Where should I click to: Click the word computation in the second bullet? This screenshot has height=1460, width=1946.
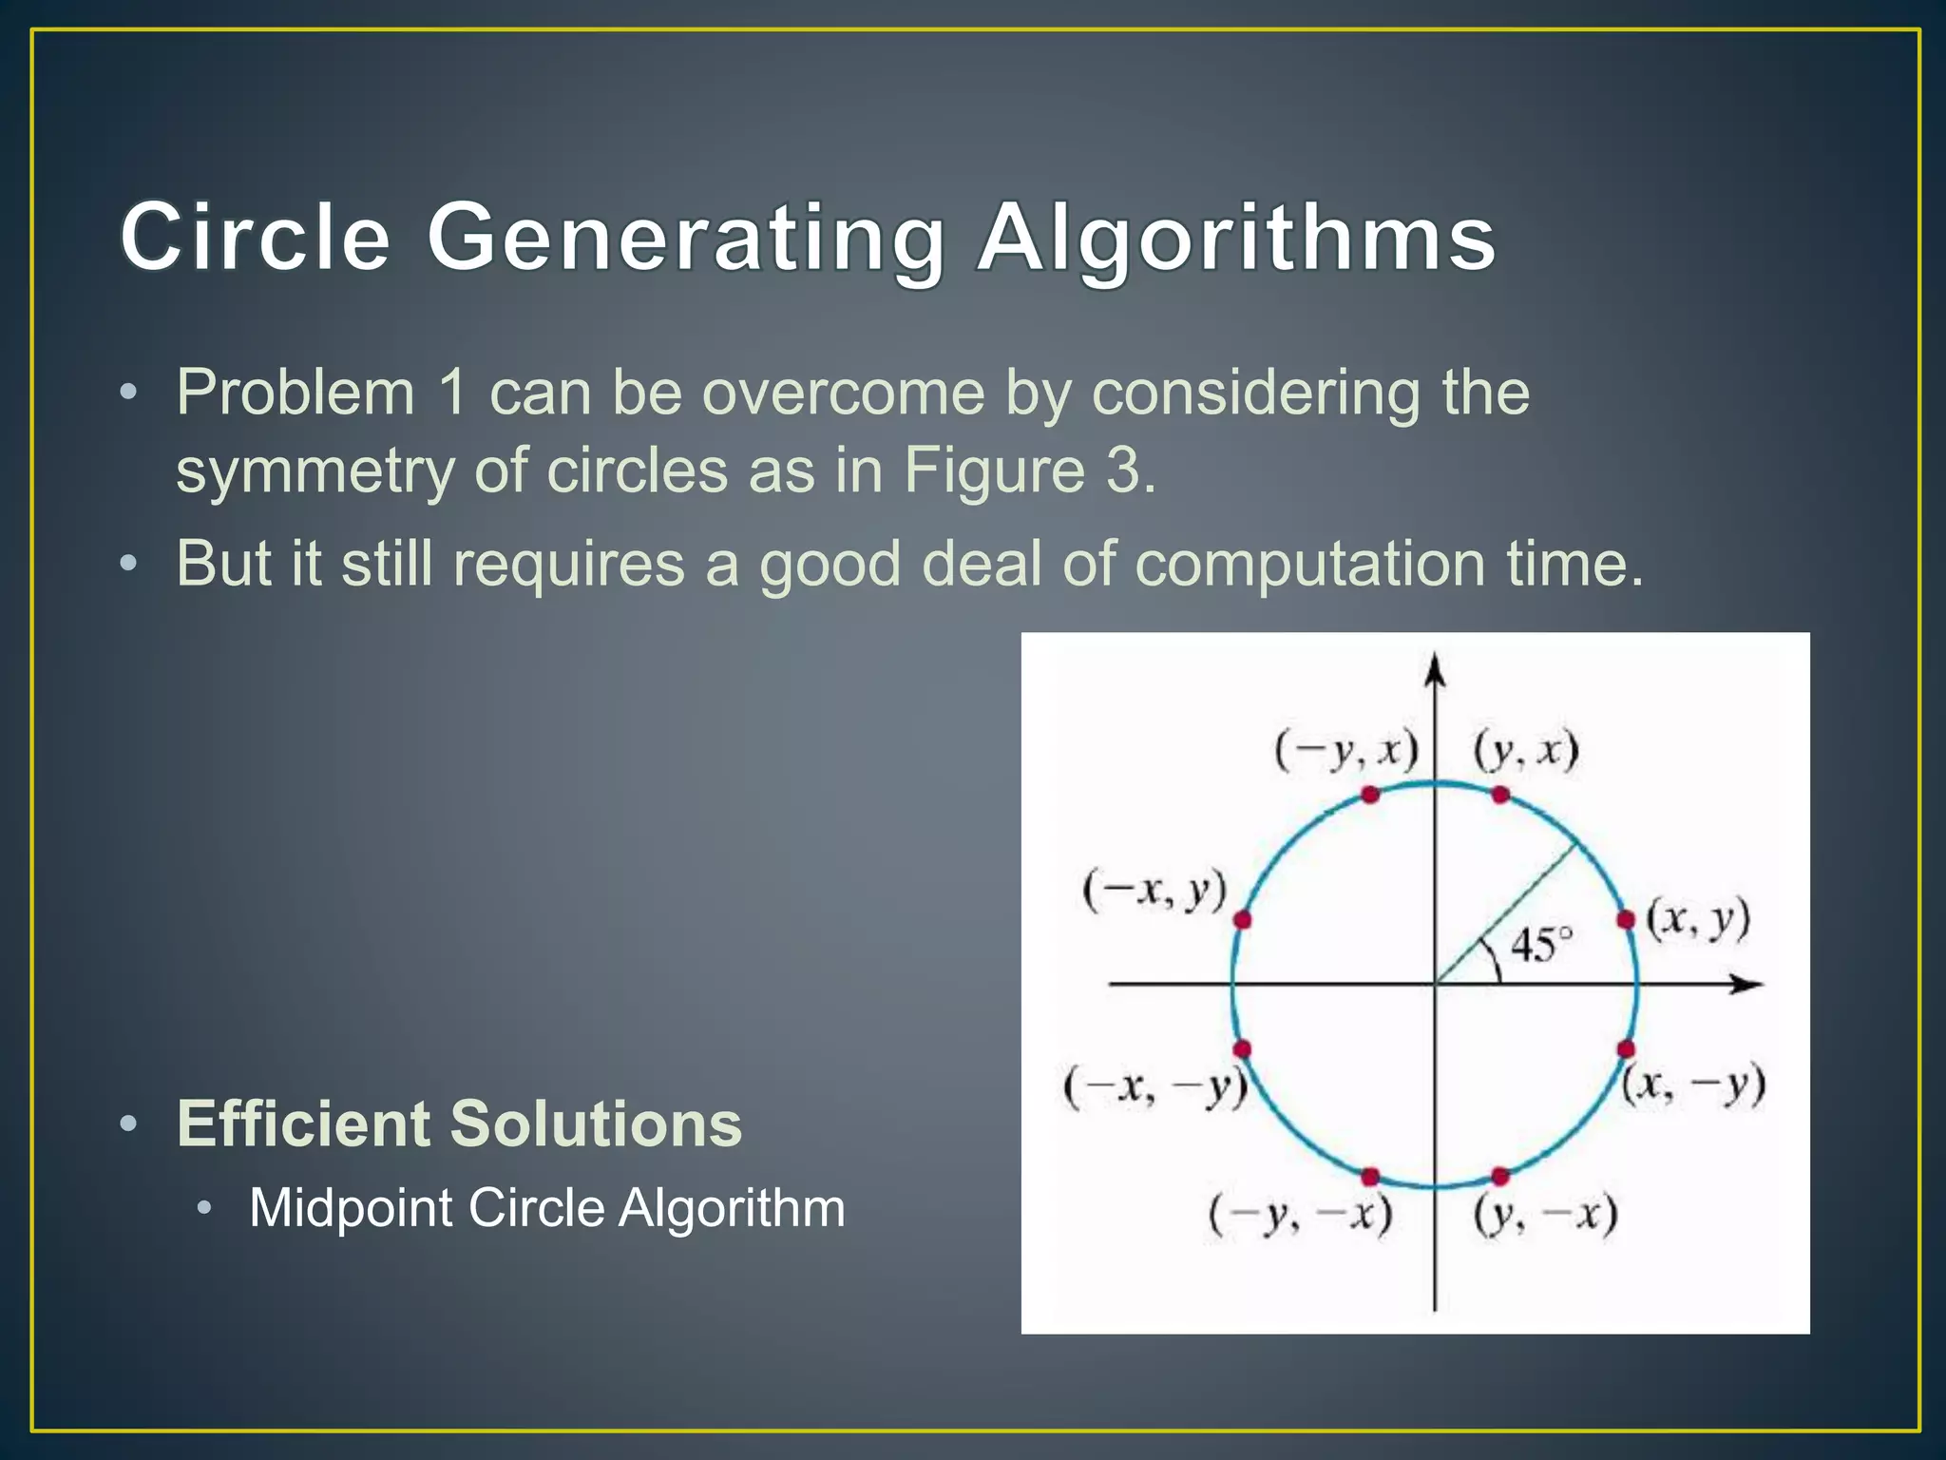pyautogui.click(x=1309, y=564)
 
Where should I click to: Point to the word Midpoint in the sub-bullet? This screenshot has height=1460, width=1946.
pyautogui.click(x=351, y=1208)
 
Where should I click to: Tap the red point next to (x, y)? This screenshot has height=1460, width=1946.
pyautogui.click(x=1626, y=919)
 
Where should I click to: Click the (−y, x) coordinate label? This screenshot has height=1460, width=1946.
pyautogui.click(x=1345, y=750)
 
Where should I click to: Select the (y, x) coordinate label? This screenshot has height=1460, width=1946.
pyautogui.click(x=1526, y=750)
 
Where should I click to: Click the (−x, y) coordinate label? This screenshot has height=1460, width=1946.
pyautogui.click(x=1154, y=891)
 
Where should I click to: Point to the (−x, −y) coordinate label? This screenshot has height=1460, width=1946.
pyautogui.click(x=1154, y=1087)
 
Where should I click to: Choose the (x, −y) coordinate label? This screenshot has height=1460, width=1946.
pyautogui.click(x=1693, y=1085)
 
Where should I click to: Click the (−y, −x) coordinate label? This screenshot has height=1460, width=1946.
pyautogui.click(x=1300, y=1214)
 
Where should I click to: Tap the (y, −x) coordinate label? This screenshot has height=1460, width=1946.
pyautogui.click(x=1545, y=1214)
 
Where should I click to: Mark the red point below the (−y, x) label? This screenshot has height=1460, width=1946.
pyautogui.click(x=1370, y=795)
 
